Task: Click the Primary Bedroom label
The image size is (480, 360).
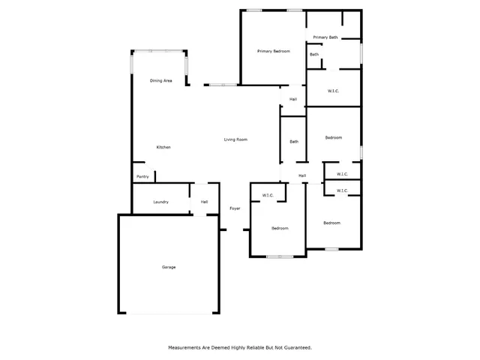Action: click(x=273, y=51)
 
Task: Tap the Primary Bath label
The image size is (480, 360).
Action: click(x=325, y=37)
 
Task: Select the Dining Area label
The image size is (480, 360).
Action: click(x=161, y=80)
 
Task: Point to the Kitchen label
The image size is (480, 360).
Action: click(x=163, y=147)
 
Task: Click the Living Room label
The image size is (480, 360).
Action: click(x=235, y=139)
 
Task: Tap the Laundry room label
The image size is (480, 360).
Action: click(x=160, y=202)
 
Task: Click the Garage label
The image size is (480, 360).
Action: click(x=169, y=267)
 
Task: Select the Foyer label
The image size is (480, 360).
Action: click(x=235, y=208)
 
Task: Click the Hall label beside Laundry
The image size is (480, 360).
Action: click(x=204, y=202)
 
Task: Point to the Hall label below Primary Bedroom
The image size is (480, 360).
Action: click(x=293, y=99)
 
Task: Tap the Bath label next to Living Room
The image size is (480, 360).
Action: click(x=294, y=142)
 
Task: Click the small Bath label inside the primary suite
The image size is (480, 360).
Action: click(x=314, y=54)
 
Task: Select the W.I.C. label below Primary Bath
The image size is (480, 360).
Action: click(x=334, y=91)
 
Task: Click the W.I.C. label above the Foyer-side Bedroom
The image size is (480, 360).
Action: click(x=268, y=196)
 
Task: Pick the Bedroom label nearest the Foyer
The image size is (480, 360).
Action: click(x=280, y=228)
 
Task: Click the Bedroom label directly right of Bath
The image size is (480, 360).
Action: click(x=333, y=137)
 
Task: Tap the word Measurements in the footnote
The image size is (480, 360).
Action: click(x=185, y=347)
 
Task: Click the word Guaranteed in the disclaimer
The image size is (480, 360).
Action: click(x=296, y=347)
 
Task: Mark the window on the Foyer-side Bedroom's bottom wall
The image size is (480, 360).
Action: click(x=280, y=256)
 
